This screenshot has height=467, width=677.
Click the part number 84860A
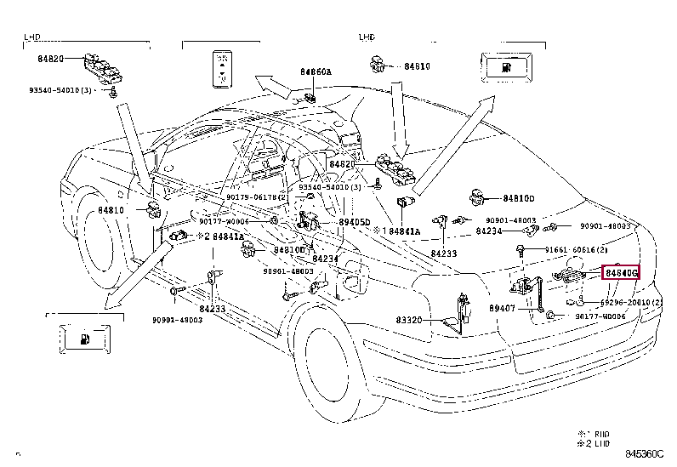(x=315, y=72)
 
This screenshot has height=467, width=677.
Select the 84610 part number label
(x=417, y=65)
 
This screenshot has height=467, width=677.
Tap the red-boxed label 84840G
(x=620, y=273)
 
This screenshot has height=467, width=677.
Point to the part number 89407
(x=502, y=309)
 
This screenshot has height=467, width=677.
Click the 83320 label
(x=408, y=320)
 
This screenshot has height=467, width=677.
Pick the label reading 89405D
(x=355, y=222)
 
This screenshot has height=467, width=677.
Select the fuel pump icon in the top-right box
(x=507, y=66)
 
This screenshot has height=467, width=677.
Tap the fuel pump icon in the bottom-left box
(x=86, y=339)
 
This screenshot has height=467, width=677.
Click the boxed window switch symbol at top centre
(x=224, y=68)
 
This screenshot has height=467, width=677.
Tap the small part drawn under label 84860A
(x=311, y=96)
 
